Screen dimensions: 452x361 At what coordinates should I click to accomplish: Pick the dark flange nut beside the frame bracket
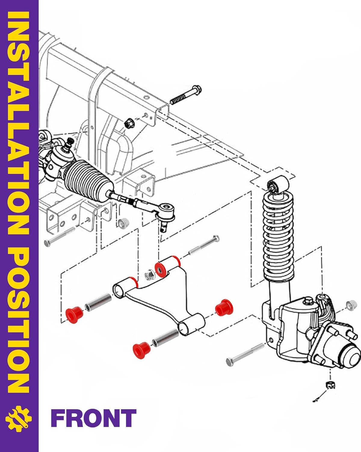coord(129,123)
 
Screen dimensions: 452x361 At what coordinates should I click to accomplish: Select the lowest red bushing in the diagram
coord(141,351)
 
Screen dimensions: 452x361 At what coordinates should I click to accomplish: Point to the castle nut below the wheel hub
coord(330,385)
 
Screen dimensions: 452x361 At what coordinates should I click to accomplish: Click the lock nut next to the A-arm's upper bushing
coord(149,275)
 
